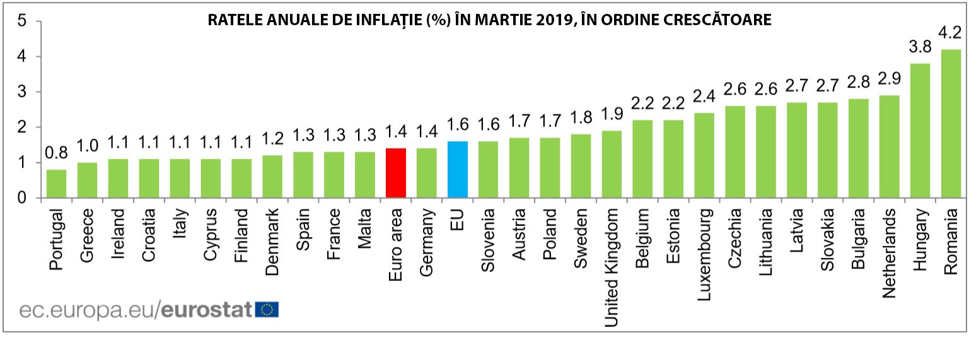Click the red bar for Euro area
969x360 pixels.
(x=396, y=173)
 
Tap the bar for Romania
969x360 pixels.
(x=951, y=124)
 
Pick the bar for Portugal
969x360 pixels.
(x=56, y=184)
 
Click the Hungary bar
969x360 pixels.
(x=920, y=131)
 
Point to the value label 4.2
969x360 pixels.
(x=951, y=32)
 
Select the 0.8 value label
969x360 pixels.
(x=56, y=153)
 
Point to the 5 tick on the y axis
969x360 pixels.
(x=22, y=21)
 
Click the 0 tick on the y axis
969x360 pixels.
(x=22, y=199)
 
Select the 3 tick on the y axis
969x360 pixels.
(x=22, y=92)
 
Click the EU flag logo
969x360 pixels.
(x=267, y=309)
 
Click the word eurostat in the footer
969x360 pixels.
(x=207, y=310)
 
